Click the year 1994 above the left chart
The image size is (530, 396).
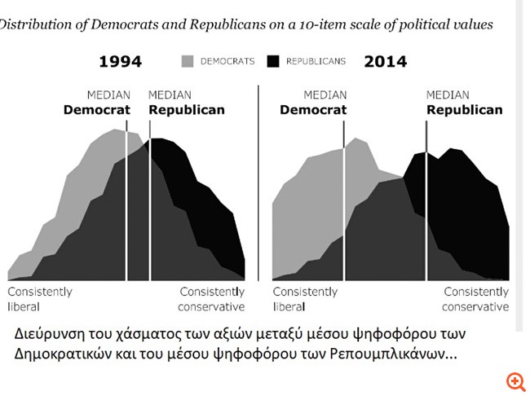tap(121, 62)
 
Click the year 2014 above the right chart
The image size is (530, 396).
tap(386, 62)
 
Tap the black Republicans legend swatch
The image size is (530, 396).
tap(272, 61)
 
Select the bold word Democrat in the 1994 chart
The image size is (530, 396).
tap(97, 110)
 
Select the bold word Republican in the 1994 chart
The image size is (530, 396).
tap(187, 110)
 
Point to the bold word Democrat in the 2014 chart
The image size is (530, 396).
tap(312, 110)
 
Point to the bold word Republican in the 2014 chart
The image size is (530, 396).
tap(465, 110)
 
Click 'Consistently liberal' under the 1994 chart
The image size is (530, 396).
tap(39, 299)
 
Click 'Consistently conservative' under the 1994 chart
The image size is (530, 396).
tap(211, 299)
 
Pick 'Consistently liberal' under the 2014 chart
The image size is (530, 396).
tap(305, 299)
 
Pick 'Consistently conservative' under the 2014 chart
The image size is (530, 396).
tap(475, 299)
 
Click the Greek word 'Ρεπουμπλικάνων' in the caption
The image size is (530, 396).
tap(384, 355)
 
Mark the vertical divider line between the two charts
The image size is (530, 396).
tap(258, 187)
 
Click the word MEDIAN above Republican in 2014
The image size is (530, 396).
tap(448, 95)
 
